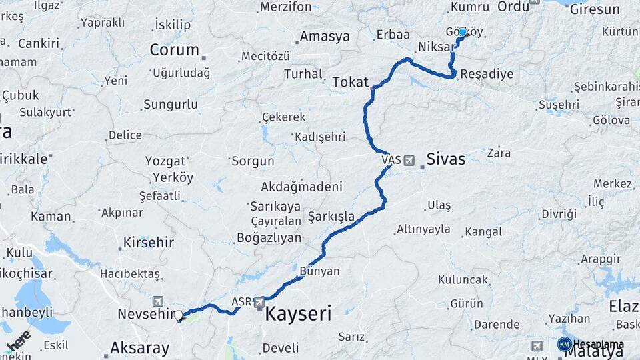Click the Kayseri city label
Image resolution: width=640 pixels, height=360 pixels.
[x=298, y=313]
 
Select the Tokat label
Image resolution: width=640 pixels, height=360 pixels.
[x=350, y=82]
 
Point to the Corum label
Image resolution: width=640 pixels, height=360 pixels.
[x=174, y=49]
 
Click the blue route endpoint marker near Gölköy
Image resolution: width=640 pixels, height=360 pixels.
[x=462, y=32]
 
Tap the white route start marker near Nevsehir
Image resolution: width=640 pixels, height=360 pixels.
[x=179, y=316]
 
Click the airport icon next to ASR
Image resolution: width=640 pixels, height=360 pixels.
[x=259, y=303]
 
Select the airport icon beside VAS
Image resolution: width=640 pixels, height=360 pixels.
[x=408, y=160]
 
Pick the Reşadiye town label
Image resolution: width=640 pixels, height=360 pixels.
[x=487, y=73]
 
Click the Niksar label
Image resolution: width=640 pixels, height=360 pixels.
[x=436, y=47]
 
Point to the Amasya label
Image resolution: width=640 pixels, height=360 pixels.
[x=325, y=37]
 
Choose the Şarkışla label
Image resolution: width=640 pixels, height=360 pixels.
[x=331, y=216]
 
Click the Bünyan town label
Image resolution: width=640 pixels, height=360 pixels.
[x=320, y=271]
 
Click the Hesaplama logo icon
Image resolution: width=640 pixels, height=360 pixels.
[x=564, y=344]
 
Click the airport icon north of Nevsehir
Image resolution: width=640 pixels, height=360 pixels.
[x=157, y=301]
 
